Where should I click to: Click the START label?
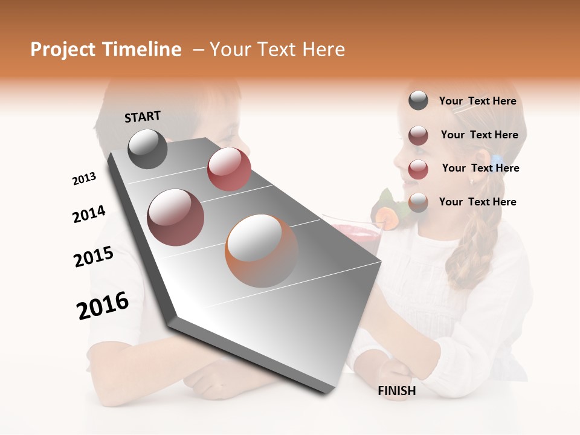143,117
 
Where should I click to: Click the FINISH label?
397,391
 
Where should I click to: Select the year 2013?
84,179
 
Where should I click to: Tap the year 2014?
89,214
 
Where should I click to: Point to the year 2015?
94,257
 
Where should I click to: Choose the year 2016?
103,306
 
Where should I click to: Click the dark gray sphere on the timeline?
147,149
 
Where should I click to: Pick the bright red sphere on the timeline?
229,169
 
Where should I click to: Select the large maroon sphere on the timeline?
176,217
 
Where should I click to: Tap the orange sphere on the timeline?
262,250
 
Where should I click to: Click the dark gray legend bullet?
418,101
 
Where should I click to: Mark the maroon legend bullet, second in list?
418,135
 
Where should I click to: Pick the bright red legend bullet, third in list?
418,169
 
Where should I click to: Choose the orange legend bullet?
418,202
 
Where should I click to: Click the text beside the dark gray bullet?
477,101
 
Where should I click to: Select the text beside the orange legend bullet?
477,202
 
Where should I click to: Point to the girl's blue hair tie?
497,161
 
